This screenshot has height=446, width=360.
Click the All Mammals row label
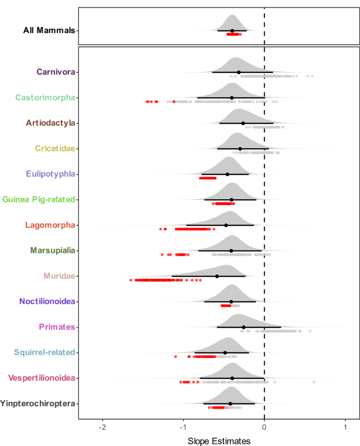tap(49, 31)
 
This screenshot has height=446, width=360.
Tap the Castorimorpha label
tap(45, 97)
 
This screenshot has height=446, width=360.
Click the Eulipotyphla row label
tap(50, 174)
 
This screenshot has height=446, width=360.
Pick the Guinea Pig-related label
tap(39, 199)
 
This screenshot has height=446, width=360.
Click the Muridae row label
tap(59, 276)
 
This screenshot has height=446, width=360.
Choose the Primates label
tap(57, 327)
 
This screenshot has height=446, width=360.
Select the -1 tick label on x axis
tap(183, 427)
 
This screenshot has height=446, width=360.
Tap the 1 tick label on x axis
tap(345, 427)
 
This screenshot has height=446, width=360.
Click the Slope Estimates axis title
tap(219, 440)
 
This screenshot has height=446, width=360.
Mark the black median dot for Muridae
tap(217, 276)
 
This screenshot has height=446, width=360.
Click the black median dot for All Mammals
tap(232, 31)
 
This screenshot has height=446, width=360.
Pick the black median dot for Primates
tap(244, 327)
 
